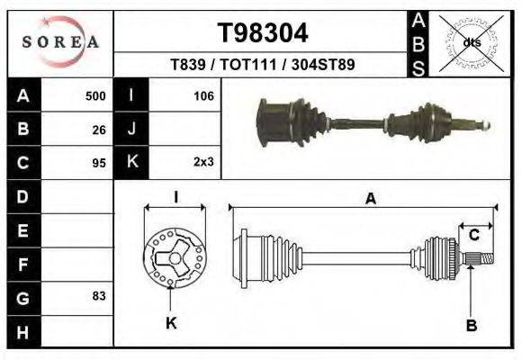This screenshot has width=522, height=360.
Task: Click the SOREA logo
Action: pyautogui.click(x=60, y=42)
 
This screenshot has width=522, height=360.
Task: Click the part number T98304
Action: pyautogui.click(x=263, y=33)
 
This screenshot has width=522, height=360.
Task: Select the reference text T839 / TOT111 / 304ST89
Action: pyautogui.click(x=263, y=66)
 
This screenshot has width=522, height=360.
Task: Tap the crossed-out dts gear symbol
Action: pyautogui.click(x=471, y=42)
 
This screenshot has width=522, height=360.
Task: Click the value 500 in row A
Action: pyautogui.click(x=95, y=95)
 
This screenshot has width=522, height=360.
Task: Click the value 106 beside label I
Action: pyautogui.click(x=203, y=95)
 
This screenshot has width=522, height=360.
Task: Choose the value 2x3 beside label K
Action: pyautogui.click(x=203, y=163)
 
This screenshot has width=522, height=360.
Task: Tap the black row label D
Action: pyautogui.click(x=23, y=195)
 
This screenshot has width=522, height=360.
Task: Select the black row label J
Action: pyautogui.click(x=131, y=129)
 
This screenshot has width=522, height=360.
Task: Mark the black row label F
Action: pyautogui.click(x=23, y=264)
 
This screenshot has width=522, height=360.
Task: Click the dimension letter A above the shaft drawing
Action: pyautogui.click(x=370, y=200)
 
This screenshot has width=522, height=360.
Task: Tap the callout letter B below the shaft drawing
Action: pyautogui.click(x=470, y=324)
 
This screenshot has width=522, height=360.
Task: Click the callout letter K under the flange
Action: pyautogui.click(x=171, y=323)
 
